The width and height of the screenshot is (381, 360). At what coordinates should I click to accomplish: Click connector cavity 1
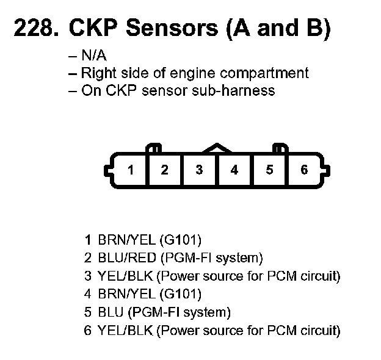point(130,170)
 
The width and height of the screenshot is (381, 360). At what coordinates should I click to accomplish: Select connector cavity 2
point(164,170)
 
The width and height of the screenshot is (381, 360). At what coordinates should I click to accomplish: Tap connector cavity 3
point(199,170)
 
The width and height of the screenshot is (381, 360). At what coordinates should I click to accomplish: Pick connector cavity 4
point(234,170)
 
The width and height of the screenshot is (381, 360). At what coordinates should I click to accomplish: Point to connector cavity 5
point(269,170)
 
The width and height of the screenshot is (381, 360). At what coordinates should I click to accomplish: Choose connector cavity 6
point(304,170)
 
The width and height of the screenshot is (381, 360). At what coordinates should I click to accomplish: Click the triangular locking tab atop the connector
point(217,148)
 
